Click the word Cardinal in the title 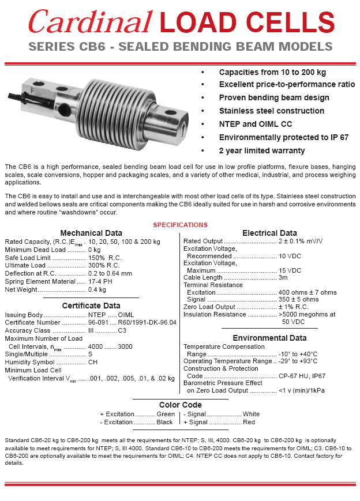[90, 22]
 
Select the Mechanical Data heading [91, 233]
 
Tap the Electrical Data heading [269, 233]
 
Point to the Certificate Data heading [91, 306]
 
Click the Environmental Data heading [269, 338]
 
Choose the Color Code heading [180, 405]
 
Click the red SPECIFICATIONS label [180, 225]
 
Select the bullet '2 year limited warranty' [262, 150]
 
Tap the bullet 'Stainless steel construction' [271, 111]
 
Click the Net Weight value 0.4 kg [97, 289]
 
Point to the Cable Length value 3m [283, 277]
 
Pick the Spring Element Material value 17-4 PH [101, 281]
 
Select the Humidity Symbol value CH [92, 362]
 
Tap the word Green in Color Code [166, 414]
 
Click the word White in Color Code [251, 414]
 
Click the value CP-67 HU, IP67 [302, 376]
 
